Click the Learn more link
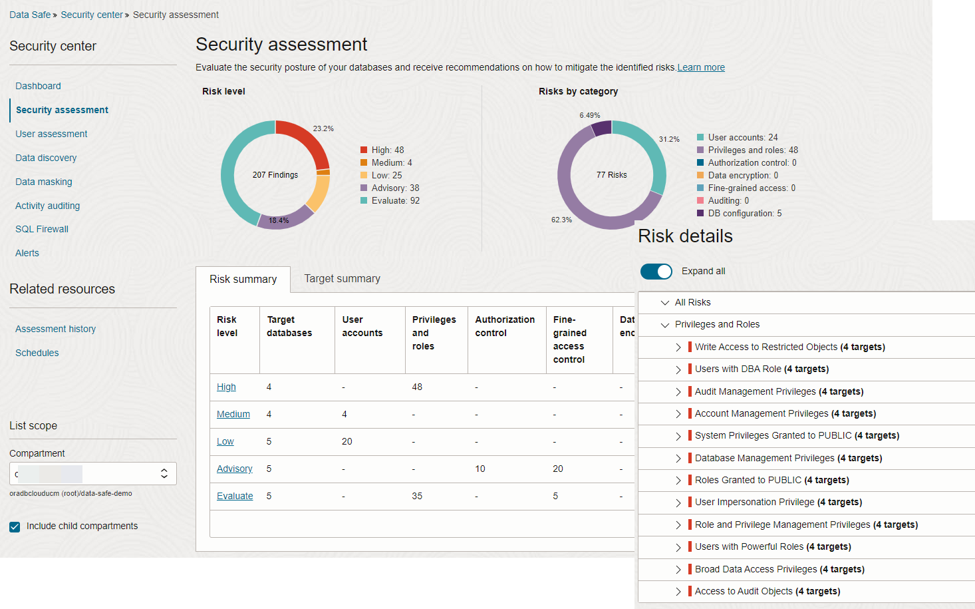tap(701, 67)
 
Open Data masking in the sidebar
tap(44, 182)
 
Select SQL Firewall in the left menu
tap(42, 229)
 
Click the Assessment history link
tap(56, 329)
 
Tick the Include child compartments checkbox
tap(15, 526)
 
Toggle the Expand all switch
tap(656, 271)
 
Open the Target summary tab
tap(342, 279)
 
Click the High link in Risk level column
tap(226, 387)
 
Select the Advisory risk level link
tap(235, 469)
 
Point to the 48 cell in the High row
tap(417, 387)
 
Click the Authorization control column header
tap(505, 326)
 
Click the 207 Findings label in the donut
tap(275, 175)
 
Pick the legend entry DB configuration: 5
tap(744, 213)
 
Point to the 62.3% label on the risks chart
tap(561, 220)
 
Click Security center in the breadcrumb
tap(92, 15)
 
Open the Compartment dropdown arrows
tap(164, 473)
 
